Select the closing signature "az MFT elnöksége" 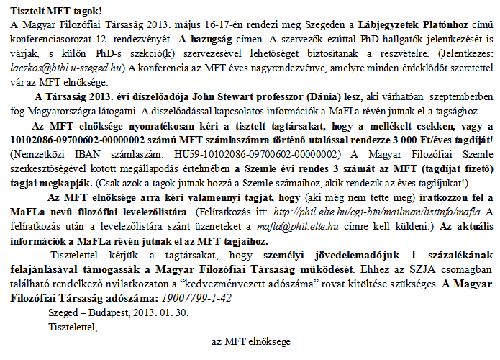click(250, 340)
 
